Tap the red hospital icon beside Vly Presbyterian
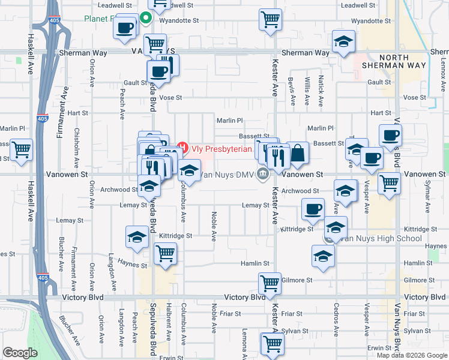183,148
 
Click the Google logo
20,353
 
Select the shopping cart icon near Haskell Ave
22,149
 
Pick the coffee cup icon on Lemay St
312,209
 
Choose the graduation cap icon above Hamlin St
323,256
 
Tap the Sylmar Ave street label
428,198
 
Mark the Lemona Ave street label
244,342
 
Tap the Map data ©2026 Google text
412,355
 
